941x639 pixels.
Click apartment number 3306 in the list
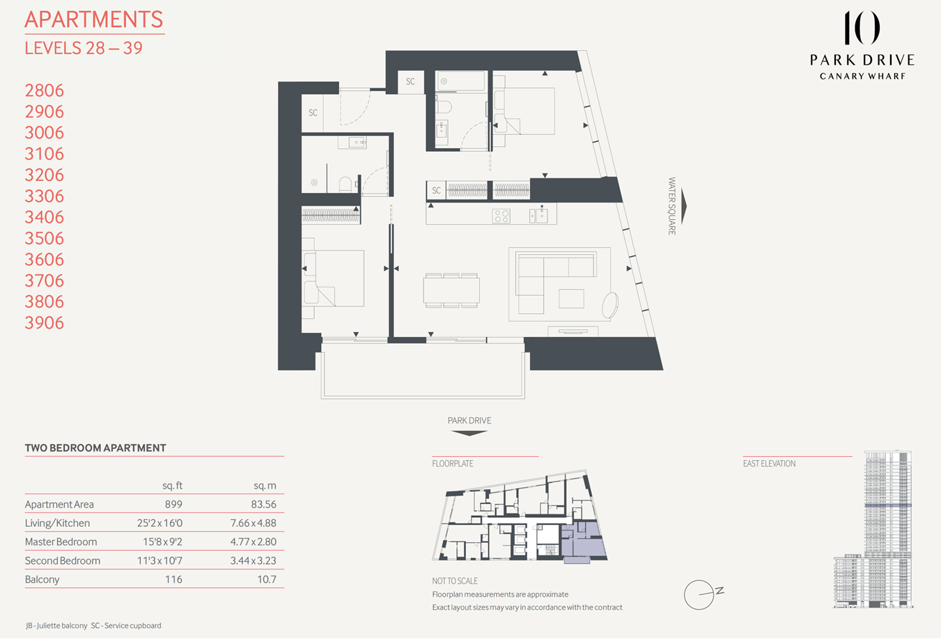pyautogui.click(x=44, y=196)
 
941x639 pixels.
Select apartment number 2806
pyautogui.click(x=44, y=90)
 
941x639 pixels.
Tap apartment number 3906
pyautogui.click(x=44, y=323)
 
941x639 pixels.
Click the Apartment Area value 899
pyautogui.click(x=173, y=505)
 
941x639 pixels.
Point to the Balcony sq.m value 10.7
pyautogui.click(x=266, y=580)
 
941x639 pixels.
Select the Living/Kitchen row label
pyautogui.click(x=57, y=523)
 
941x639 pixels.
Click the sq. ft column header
pyautogui.click(x=172, y=486)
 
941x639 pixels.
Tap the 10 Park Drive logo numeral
pyautogui.click(x=862, y=29)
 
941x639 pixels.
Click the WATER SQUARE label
pyautogui.click(x=672, y=206)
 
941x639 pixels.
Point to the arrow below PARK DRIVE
pyautogui.click(x=469, y=433)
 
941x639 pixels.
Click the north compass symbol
pyautogui.click(x=700, y=595)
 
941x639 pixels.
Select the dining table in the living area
pyautogui.click(x=451, y=290)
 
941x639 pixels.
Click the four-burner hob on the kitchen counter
pyautogui.click(x=501, y=216)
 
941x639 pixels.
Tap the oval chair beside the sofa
pyautogui.click(x=610, y=305)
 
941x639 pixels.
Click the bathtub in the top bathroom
pyautogui.click(x=461, y=81)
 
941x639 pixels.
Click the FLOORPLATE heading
pyautogui.click(x=453, y=464)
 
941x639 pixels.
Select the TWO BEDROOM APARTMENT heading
pyautogui.click(x=95, y=448)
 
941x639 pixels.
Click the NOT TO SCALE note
pyautogui.click(x=455, y=581)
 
